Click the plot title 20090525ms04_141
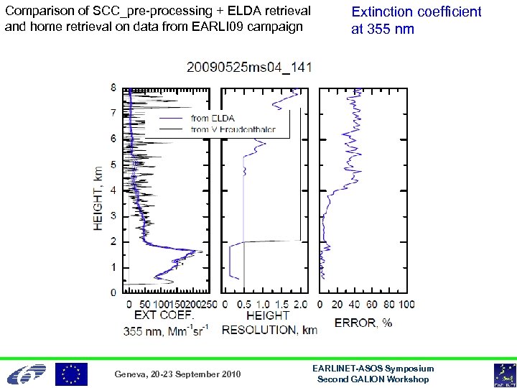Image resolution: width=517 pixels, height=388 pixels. point(249,68)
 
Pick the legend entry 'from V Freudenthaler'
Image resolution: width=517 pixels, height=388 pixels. point(238,130)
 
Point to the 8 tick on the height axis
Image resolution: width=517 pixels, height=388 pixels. point(113,88)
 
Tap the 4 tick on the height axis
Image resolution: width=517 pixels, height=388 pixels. point(113,190)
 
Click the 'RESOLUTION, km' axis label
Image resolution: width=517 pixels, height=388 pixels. point(269,331)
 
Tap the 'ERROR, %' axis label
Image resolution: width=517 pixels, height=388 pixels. point(363,323)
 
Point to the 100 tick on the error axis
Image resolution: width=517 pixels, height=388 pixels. point(406,304)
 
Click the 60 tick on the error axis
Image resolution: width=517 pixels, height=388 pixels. point(371,304)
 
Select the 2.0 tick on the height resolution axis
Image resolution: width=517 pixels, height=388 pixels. point(301,304)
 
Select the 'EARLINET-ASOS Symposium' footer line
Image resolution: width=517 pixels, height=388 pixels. point(373,368)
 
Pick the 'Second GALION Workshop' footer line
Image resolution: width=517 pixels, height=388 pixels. point(373,379)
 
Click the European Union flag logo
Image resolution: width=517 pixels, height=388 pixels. point(72,374)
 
